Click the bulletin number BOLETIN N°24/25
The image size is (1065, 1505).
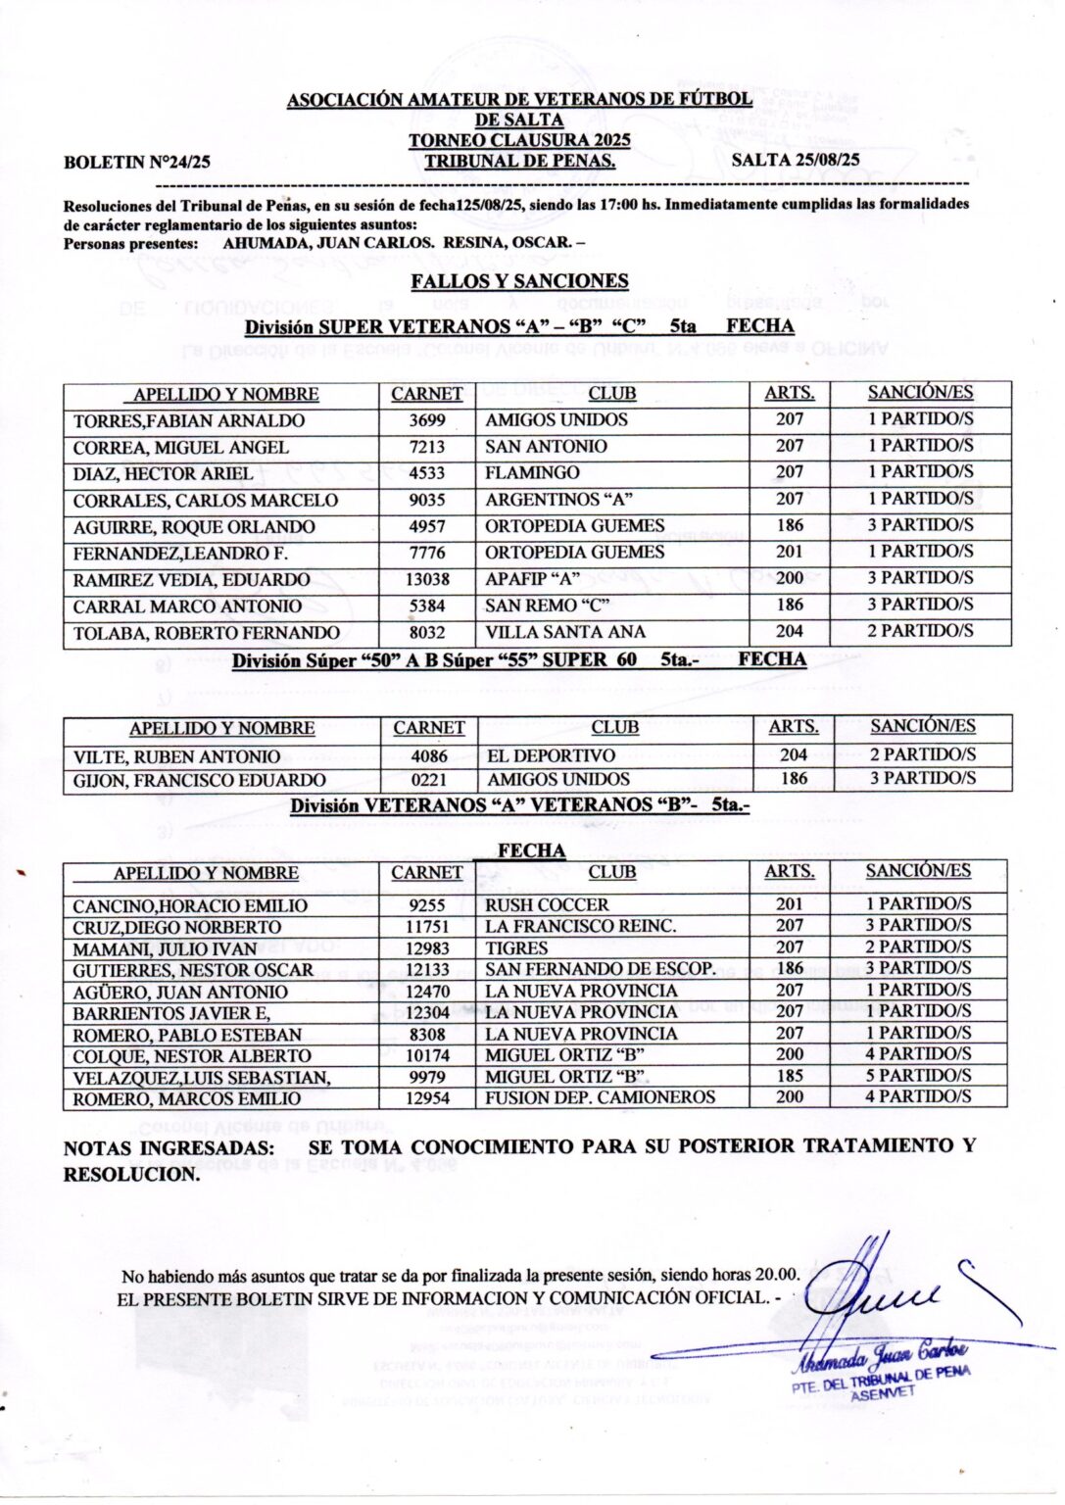pos(136,163)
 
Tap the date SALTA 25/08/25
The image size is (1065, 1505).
pos(796,160)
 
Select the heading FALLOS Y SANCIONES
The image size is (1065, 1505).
pos(519,281)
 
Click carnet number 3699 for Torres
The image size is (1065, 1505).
pos(427,420)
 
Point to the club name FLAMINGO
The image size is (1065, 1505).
pos(532,473)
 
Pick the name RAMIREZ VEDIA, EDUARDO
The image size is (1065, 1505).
pos(191,580)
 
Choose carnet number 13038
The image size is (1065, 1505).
pos(427,579)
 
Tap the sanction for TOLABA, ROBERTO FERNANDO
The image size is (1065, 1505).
pos(919,631)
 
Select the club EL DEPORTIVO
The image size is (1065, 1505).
pos(551,756)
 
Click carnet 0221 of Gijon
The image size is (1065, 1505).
pos(428,780)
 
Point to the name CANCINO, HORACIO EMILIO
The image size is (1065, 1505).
pos(190,906)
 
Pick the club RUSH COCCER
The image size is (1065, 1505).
pos(547,905)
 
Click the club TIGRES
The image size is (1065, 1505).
pos(516,948)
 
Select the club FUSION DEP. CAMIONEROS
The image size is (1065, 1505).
pos(600,1097)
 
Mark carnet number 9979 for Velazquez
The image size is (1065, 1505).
pos(427,1077)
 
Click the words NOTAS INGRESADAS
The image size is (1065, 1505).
pos(169,1148)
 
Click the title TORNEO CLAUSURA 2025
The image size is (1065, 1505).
pos(519,140)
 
